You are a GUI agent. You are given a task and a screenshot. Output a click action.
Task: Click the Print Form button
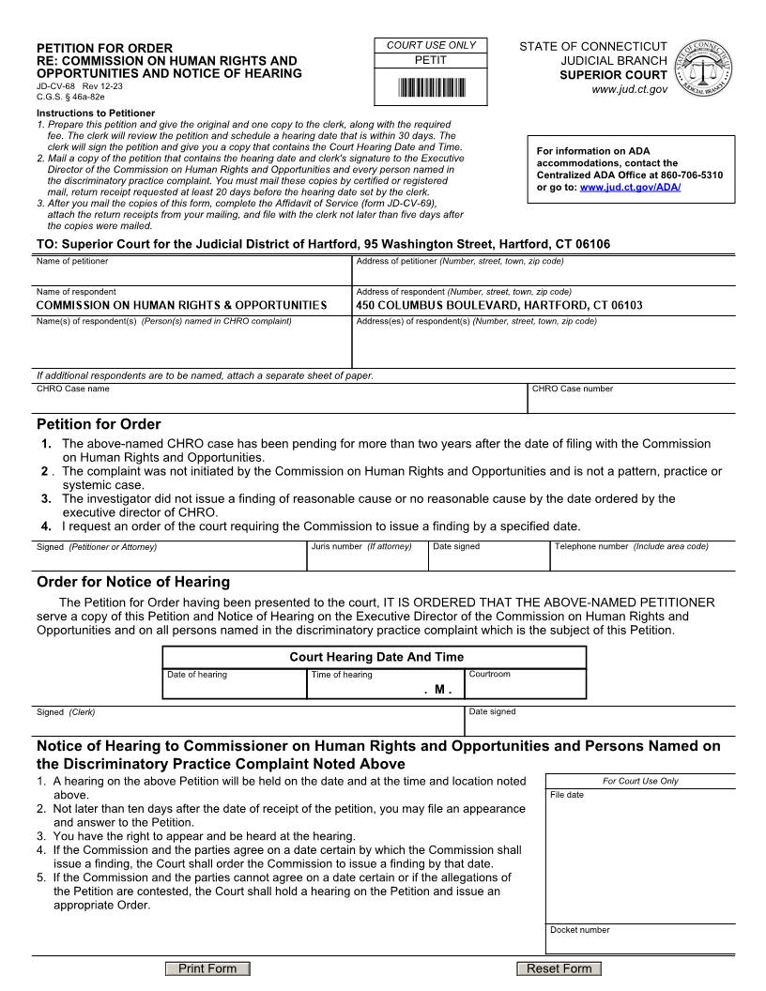pyautogui.click(x=207, y=968)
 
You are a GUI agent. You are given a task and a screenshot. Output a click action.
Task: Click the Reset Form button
pyautogui.click(x=559, y=968)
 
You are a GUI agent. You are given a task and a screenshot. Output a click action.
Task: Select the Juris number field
pyautogui.click(x=367, y=560)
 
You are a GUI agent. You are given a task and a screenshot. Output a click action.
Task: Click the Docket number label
pyautogui.click(x=579, y=930)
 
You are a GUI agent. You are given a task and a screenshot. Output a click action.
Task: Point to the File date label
pyautogui.click(x=567, y=795)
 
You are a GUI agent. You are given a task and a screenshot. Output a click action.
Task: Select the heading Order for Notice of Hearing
pyautogui.click(x=132, y=582)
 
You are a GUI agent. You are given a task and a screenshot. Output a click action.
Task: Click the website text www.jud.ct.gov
pyautogui.click(x=629, y=89)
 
